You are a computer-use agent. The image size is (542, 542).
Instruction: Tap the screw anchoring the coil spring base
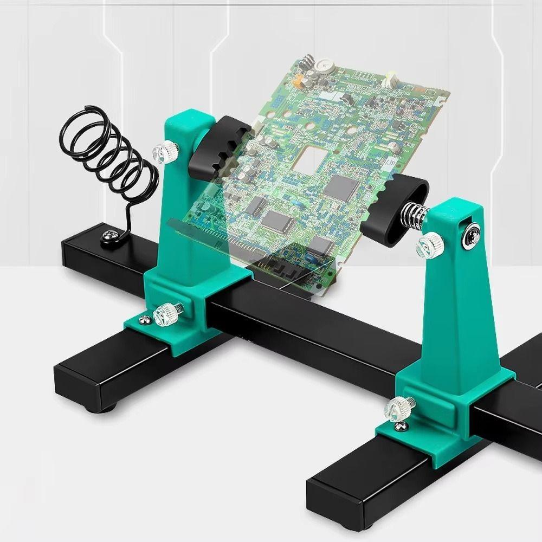point(111,237)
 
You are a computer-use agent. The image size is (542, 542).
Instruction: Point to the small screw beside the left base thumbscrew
point(145,320)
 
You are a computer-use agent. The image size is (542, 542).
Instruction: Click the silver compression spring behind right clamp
point(415,215)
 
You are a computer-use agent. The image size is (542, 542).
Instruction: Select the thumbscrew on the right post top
point(429,246)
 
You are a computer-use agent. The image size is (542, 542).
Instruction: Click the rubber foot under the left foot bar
point(111,406)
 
